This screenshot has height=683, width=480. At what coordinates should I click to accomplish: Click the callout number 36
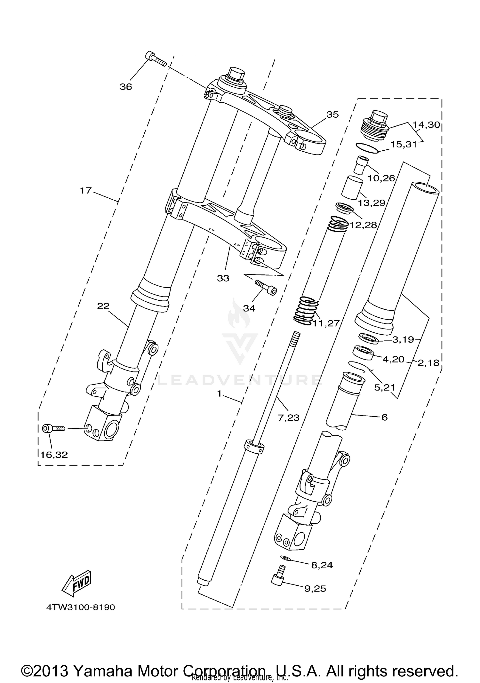(x=126, y=87)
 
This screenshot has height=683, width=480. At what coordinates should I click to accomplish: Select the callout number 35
(x=332, y=115)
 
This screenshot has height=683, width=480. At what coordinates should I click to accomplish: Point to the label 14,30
(x=426, y=125)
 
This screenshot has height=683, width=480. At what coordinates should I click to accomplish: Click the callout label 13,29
(x=371, y=203)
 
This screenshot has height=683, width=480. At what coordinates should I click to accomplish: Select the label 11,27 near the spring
(x=326, y=323)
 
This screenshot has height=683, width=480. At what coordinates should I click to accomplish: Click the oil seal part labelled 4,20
(x=364, y=353)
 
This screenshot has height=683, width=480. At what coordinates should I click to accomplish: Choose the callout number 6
(x=385, y=417)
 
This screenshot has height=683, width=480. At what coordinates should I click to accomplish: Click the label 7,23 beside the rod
(x=289, y=417)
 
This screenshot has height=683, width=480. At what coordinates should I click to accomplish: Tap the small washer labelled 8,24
(x=284, y=558)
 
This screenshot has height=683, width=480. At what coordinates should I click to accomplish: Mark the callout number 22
(x=103, y=306)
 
